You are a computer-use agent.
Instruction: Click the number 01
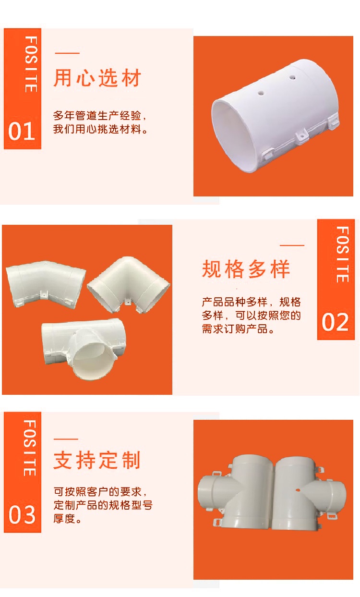22,132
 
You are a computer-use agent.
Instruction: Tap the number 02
335,322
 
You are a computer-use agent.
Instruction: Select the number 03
22,515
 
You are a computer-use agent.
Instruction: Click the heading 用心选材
97,78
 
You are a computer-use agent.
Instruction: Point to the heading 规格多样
246,269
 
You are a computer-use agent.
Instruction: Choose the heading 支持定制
97,460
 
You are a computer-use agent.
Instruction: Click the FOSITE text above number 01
31,64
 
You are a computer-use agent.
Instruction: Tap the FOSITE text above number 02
342,255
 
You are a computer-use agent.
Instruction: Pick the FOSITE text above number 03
30,448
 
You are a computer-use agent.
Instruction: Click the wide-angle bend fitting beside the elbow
46,284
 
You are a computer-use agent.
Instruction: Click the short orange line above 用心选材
67,53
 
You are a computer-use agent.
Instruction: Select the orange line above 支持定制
66,439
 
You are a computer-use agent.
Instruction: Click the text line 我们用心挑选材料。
100,130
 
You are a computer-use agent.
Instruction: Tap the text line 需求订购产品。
238,329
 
